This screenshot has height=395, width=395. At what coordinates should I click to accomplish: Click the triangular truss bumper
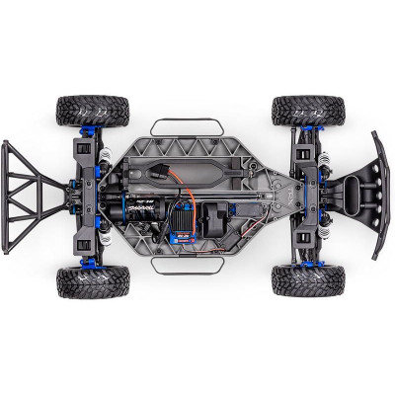click(40, 196)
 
